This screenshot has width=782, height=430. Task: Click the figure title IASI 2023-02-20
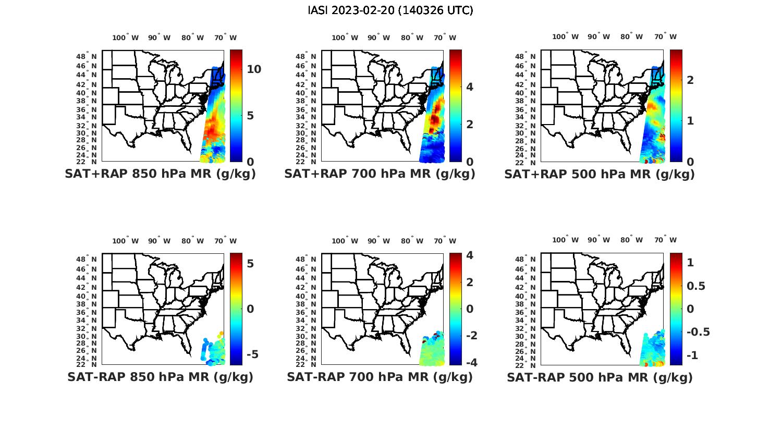tap(390, 10)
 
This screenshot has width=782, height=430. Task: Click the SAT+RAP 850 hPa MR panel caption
tap(160, 174)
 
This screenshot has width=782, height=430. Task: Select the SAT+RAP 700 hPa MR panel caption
tap(380, 174)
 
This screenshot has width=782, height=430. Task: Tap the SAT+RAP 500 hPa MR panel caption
tap(599, 174)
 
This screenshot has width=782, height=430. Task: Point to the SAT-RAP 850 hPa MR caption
tap(160, 377)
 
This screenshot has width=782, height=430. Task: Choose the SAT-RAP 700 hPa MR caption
tap(380, 377)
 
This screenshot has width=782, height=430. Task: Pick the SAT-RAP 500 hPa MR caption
tap(600, 377)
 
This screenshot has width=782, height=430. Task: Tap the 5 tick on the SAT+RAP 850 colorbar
tap(250, 115)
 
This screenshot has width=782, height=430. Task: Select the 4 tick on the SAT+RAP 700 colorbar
tap(470, 87)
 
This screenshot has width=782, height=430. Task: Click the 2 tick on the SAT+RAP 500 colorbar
tap(690, 80)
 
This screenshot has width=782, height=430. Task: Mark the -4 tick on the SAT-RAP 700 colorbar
tap(471, 363)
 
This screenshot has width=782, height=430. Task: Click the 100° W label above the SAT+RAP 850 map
tap(126, 38)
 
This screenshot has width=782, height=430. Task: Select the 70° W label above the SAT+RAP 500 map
tap(665, 36)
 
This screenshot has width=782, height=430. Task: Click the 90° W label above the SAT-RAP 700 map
tap(378, 241)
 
